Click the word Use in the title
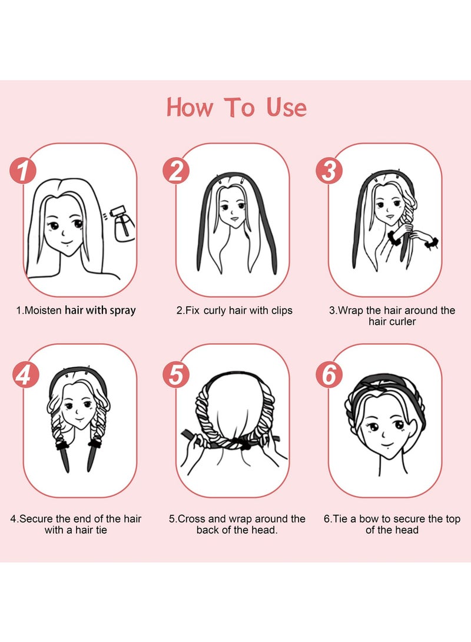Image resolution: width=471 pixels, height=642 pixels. (x=286, y=108)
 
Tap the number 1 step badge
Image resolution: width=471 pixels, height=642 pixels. (x=23, y=171)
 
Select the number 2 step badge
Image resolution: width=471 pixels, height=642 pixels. (x=175, y=171)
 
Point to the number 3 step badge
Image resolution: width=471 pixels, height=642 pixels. (x=329, y=171)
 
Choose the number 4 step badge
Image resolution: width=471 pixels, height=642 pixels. (x=23, y=375)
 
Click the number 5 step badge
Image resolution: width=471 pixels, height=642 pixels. (x=175, y=375)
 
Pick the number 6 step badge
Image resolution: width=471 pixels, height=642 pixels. (x=329, y=375)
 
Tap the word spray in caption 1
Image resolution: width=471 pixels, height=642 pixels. (x=121, y=310)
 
